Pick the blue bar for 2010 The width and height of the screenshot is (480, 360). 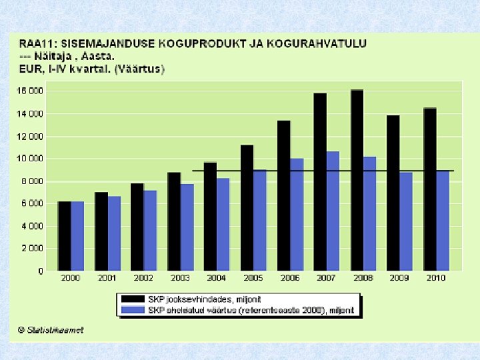tap(442, 219)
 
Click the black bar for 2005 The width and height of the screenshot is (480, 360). tap(247, 206)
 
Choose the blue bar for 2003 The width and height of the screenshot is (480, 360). tap(187, 226)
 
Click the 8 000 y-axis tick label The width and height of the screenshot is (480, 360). tap(31, 181)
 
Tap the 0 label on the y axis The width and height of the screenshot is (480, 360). tap(40, 271)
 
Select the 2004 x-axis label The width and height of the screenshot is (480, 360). tap(215, 278)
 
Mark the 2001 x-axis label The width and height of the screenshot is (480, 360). tap(107, 278)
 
